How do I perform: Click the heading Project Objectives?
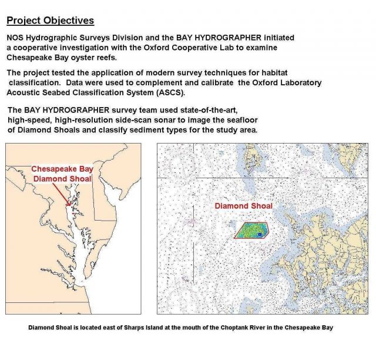(50, 21)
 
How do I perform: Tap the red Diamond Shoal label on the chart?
(243, 206)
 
